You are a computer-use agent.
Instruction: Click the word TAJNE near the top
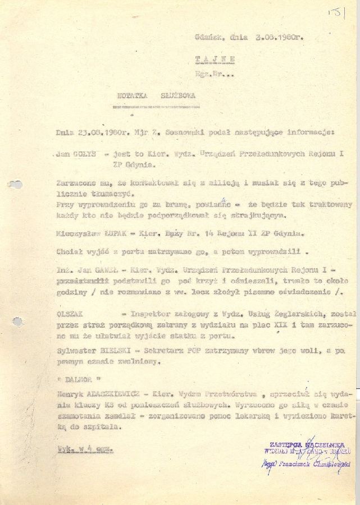215,58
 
